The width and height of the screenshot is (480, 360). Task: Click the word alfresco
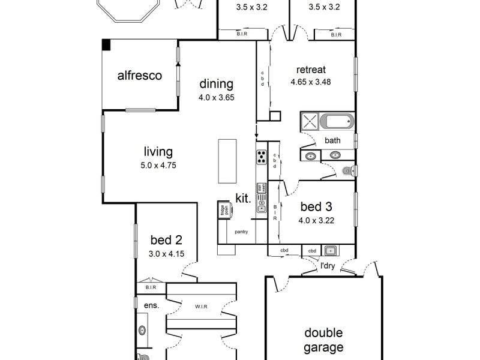pos(140,76)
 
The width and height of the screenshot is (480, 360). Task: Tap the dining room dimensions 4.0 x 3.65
pos(216,97)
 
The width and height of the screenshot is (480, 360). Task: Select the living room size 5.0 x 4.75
pos(158,165)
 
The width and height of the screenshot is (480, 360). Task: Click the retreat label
pos(310,70)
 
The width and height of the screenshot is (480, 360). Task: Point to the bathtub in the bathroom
pos(337,122)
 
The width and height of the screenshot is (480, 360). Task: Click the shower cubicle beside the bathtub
pos(310,121)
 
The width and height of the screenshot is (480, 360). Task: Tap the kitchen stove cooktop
pos(262,157)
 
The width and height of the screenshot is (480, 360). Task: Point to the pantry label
pos(242,231)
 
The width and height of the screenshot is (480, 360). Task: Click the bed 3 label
pos(316,207)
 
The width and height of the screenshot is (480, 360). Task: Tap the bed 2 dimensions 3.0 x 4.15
pos(166,254)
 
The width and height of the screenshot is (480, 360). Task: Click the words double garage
pos(323,340)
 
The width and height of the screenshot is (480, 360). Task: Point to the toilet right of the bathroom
pos(349,172)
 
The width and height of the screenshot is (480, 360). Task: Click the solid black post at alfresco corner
pos(106,45)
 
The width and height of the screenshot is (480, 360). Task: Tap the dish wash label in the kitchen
pos(261,188)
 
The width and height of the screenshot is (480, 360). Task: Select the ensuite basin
pos(142,330)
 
